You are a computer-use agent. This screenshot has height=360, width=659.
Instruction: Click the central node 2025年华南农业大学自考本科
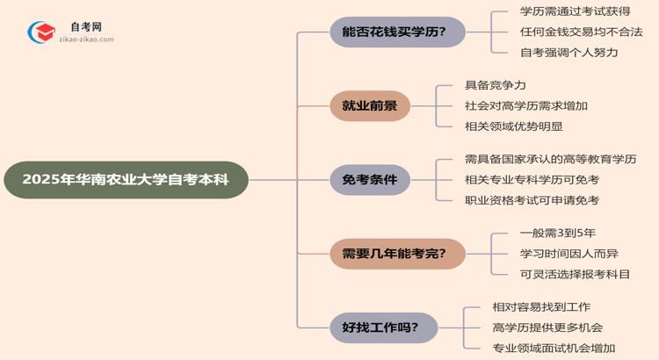pos(126,180)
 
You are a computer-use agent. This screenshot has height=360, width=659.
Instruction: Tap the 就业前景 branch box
pos(369,106)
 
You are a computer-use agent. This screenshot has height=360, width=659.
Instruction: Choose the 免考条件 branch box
pos(369,180)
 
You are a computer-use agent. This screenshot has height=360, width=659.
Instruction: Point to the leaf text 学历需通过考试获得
pos(575,13)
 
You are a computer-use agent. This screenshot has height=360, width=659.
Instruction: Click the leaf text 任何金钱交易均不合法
pos(581,32)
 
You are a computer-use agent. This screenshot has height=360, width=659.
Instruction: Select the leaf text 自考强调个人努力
pos(568,52)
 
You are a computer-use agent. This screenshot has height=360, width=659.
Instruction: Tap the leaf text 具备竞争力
pos(496,86)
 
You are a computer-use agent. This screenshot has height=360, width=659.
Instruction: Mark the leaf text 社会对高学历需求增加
pos(526,105)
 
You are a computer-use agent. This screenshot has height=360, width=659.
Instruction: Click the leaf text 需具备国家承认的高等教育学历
pos(550,159)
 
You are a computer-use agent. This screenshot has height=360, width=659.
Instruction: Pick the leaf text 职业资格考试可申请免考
pos(532,200)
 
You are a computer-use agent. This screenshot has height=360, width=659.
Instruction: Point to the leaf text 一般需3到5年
pos(557,234)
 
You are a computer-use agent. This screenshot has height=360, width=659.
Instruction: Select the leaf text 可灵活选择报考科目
pos(575,274)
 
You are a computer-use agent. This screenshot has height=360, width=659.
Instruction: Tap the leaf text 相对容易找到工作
pos(541,307)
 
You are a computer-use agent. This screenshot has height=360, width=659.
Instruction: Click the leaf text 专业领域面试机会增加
pos(554,348)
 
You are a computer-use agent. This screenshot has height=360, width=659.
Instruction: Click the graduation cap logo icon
pos(40,34)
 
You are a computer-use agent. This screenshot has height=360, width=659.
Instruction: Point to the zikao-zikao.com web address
pos(85,41)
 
